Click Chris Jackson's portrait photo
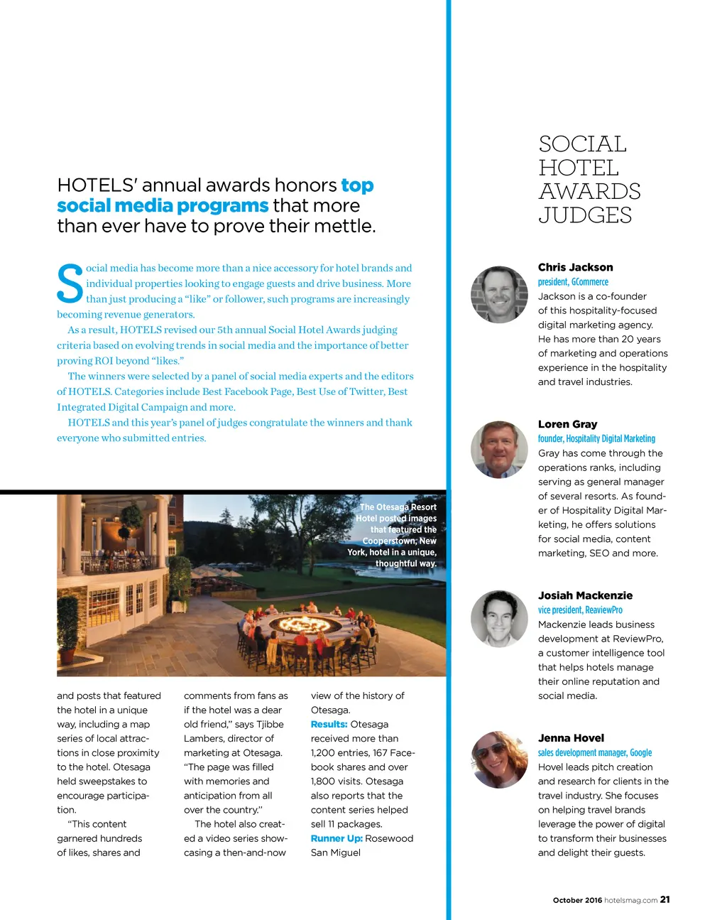click(499, 294)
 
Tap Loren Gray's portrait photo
click(499, 449)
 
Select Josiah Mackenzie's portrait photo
click(499, 618)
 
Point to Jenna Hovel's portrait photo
click(499, 759)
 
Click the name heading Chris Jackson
click(575, 267)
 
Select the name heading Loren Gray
click(567, 424)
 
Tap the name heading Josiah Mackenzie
click(585, 595)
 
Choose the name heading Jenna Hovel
click(571, 738)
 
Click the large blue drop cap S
click(70, 284)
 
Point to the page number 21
click(665, 899)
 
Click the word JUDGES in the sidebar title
click(585, 215)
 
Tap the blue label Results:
click(329, 725)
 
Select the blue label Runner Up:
click(337, 838)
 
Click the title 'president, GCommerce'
click(573, 282)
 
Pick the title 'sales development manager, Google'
click(594, 753)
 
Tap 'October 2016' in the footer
click(577, 900)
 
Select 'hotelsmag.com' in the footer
click(630, 900)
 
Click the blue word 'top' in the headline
click(357, 185)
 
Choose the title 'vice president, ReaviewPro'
click(580, 610)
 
